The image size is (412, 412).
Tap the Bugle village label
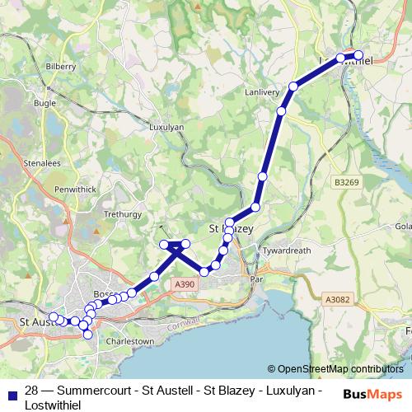pos(45,104)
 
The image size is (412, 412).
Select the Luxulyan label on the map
pos(166,127)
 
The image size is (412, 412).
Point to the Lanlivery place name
pos(263,93)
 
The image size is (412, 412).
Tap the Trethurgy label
pos(124,213)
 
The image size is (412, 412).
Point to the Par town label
pos(255,279)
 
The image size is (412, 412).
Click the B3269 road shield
pos(348,181)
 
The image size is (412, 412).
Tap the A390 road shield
pos(185,284)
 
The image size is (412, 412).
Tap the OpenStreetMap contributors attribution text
pos(339,368)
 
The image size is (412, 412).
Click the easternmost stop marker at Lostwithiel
pos(358,55)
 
